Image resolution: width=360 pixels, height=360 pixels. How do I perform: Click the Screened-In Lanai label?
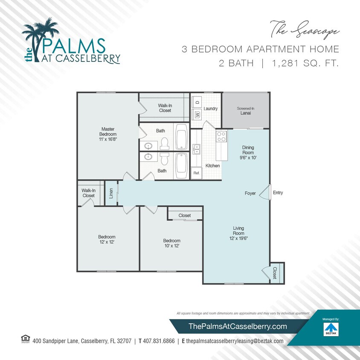(x=246, y=111)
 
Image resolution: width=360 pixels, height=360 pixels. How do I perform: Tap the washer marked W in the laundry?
(x=197, y=114)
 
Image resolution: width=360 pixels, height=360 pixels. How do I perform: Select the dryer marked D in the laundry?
(x=197, y=102)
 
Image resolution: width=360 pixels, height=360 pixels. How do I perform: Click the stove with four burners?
(x=221, y=136)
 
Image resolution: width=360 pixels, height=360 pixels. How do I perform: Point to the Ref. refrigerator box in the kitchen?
(x=197, y=173)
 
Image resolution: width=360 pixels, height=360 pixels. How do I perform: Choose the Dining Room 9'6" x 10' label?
(x=248, y=152)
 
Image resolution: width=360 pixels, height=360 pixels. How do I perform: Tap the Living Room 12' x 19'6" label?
(x=238, y=233)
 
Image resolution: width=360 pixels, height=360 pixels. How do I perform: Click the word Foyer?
(x=250, y=193)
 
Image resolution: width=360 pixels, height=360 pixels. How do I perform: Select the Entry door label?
(x=278, y=193)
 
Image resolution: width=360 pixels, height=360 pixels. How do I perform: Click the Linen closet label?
(x=111, y=194)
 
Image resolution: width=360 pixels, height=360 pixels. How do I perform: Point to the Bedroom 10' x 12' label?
(x=171, y=243)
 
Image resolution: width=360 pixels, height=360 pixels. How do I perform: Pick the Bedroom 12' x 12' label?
(x=107, y=239)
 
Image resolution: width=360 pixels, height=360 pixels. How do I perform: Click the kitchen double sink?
(x=197, y=149)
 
